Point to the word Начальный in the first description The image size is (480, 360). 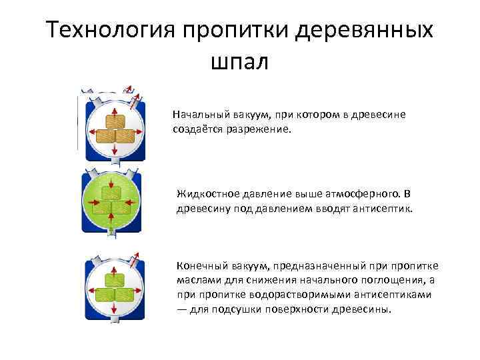pyautogui.click(x=197, y=115)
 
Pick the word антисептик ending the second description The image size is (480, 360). pyautogui.click(x=384, y=208)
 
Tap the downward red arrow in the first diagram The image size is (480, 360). pyautogui.click(x=115, y=151)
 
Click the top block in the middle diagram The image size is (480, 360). pyautogui.click(x=111, y=193)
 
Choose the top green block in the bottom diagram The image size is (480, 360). pyautogui.click(x=115, y=279)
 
